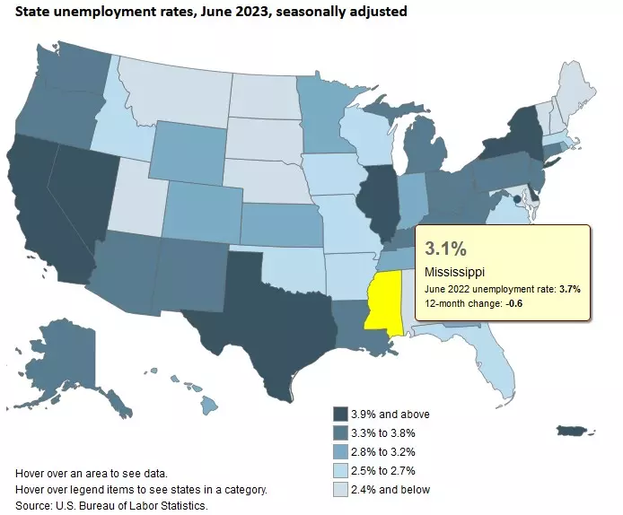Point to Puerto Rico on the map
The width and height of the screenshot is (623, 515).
[572, 432]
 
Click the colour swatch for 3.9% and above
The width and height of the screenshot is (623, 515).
[340, 414]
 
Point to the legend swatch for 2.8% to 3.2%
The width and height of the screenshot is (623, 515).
[340, 451]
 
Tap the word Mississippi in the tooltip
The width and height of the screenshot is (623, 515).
[455, 271]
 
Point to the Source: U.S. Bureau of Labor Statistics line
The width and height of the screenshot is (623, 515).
[111, 506]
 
